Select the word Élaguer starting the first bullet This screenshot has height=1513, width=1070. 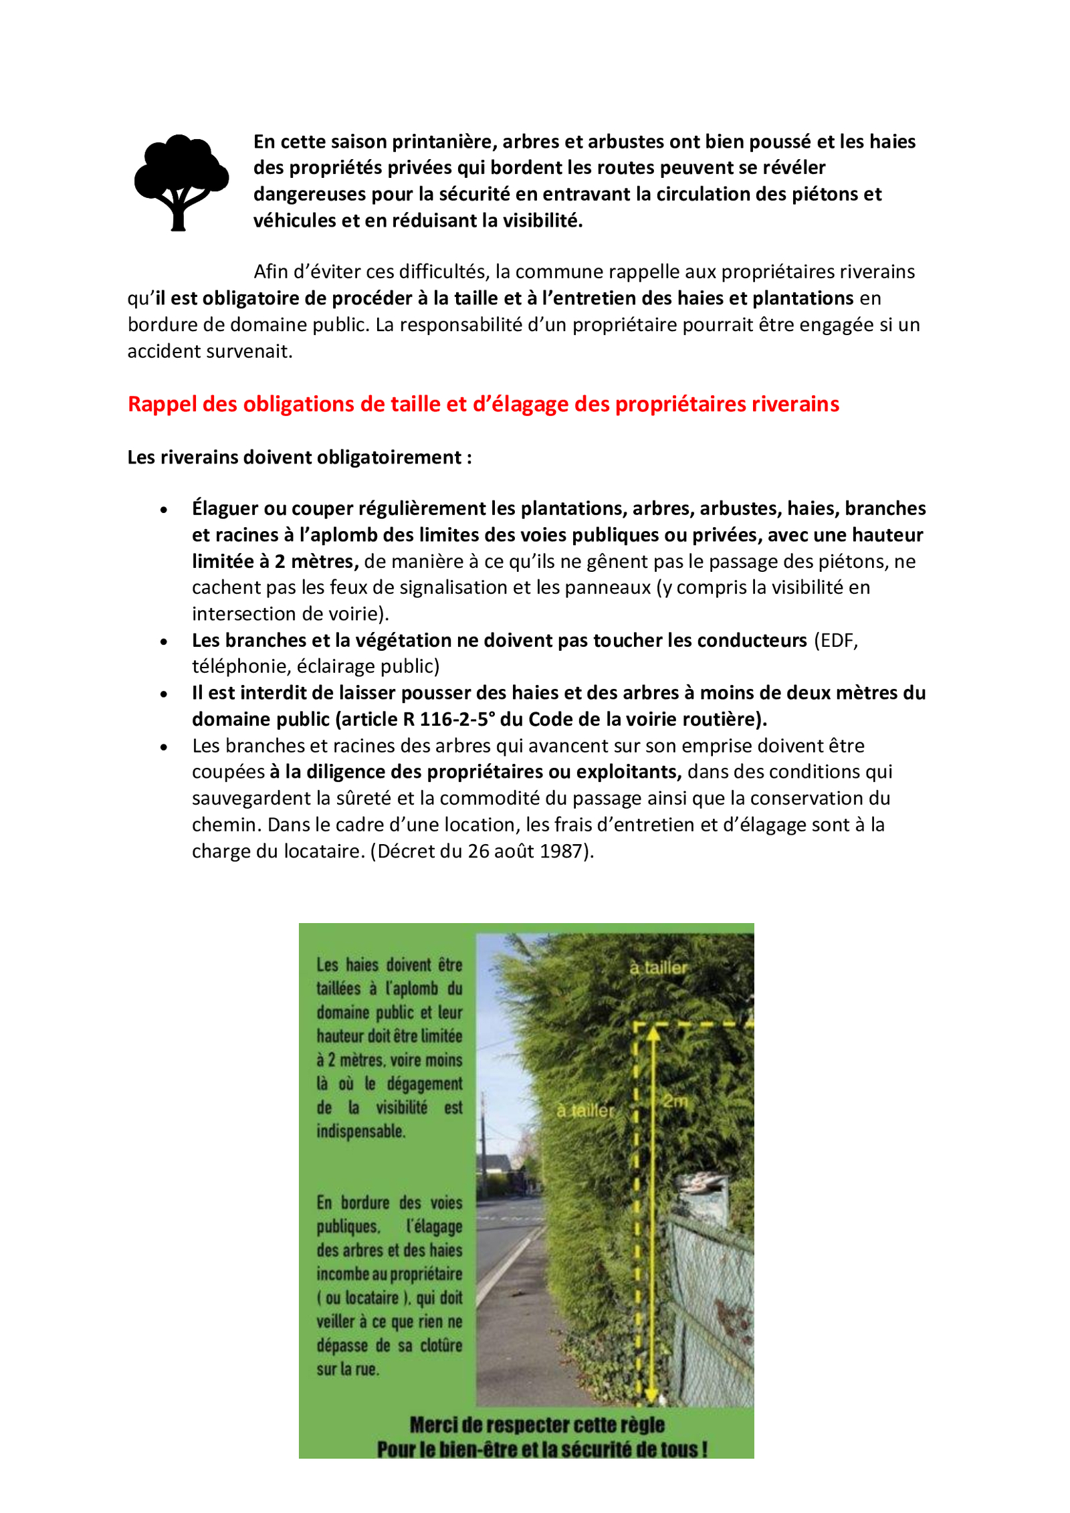(x=225, y=508)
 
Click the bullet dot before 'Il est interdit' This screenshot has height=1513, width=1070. (x=164, y=694)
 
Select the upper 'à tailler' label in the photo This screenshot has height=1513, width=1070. (x=658, y=968)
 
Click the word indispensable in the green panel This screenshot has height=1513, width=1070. (x=360, y=1131)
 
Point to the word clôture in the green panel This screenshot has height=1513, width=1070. (x=441, y=1345)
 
